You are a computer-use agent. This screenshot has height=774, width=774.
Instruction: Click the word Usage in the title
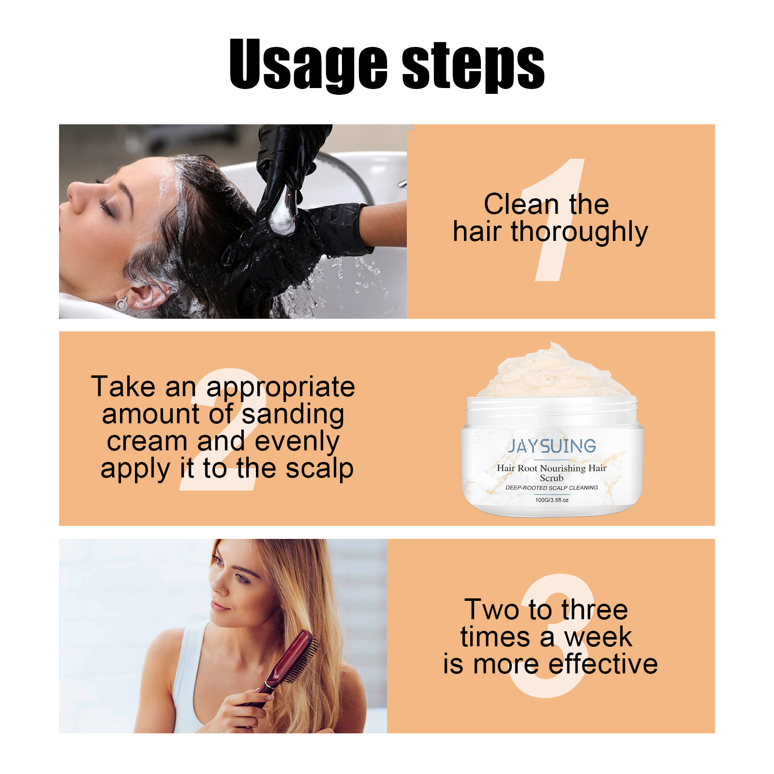tap(309, 65)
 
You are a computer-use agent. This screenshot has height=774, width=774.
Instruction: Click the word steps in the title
tap(473, 65)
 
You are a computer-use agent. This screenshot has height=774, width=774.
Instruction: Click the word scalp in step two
tap(319, 469)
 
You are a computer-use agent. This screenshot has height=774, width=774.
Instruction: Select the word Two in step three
tap(491, 610)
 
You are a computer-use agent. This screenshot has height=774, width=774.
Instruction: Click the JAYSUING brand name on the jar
tap(552, 446)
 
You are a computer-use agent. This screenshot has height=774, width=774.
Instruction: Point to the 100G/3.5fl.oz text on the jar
tap(552, 500)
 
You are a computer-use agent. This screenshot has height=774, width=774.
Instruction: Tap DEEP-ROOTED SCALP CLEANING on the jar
tap(552, 488)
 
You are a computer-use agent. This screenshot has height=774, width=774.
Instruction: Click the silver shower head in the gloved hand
tap(283, 211)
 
